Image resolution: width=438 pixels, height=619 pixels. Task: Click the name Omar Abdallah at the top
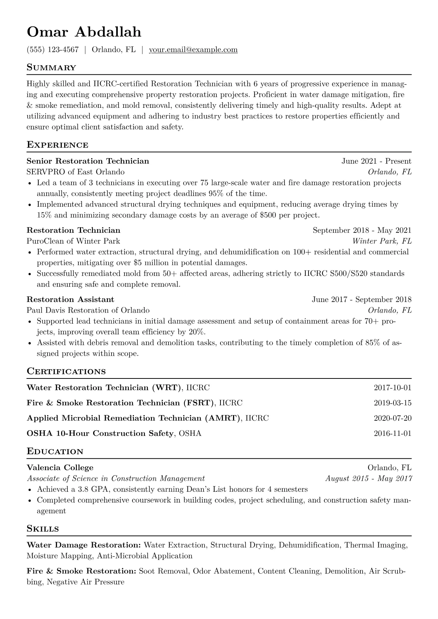pos(84,32)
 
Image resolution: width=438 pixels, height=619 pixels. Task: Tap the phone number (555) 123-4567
pos(53,50)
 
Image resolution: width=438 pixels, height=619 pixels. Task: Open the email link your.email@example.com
pos(193,50)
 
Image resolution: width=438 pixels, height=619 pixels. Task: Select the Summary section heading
pos(51,68)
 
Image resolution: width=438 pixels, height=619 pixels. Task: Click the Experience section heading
pos(57,145)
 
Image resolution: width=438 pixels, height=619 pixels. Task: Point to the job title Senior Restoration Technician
pos(88,161)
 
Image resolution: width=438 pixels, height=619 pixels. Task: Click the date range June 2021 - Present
pos(376,161)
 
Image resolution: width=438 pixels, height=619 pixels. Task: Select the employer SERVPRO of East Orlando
pos(75,172)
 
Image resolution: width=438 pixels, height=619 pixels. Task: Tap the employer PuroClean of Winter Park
pos(73,241)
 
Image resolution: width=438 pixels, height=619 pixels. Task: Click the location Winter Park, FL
pos(382,241)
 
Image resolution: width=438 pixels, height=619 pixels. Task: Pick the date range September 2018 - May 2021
pos(362,230)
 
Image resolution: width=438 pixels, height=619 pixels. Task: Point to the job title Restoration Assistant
pos(70,299)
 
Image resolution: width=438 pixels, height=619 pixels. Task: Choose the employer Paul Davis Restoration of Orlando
pos(88,310)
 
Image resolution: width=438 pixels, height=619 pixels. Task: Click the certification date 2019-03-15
pos(392,403)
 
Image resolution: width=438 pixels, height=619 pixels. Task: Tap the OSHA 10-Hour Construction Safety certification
pos(100,433)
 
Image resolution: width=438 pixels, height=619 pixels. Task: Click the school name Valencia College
pos(60,467)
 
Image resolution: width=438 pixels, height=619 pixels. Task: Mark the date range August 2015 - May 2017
pos(368,479)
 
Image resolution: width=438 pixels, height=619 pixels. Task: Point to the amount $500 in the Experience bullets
pos(268,215)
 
